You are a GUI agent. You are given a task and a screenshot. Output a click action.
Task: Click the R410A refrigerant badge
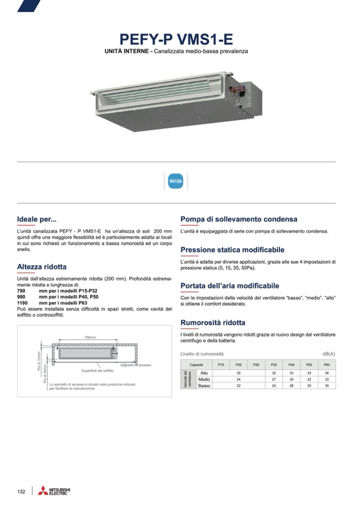point(176,182)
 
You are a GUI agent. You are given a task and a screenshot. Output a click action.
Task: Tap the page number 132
point(21,491)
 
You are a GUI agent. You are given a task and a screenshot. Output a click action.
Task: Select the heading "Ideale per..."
point(37,219)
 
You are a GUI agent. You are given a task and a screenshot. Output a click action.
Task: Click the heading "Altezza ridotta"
point(42,266)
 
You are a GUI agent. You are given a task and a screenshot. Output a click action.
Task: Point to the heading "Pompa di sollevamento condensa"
point(238,219)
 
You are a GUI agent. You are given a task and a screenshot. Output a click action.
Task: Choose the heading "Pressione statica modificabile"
point(232,249)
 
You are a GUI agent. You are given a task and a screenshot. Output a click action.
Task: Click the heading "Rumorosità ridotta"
point(212,322)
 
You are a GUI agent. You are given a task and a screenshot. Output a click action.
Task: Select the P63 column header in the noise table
point(327,365)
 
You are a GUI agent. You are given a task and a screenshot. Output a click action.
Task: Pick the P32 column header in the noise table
point(274,365)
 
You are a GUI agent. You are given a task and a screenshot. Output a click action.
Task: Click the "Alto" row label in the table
point(204,373)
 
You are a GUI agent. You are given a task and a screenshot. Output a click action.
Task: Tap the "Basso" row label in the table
point(204,386)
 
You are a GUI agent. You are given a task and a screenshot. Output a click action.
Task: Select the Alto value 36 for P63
point(327,373)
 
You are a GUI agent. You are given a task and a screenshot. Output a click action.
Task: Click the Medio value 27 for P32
point(274,379)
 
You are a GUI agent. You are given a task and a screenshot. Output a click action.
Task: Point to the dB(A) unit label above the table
point(329,353)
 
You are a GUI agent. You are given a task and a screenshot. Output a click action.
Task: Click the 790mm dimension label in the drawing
point(90,338)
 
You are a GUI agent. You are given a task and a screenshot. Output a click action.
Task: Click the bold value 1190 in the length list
point(23,303)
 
